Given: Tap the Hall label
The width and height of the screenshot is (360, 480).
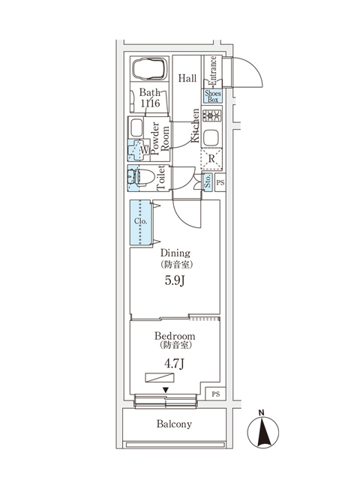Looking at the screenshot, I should coord(187,77).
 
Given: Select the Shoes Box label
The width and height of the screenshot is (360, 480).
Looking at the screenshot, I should coord(211,96).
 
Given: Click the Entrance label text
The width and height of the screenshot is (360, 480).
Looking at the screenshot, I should coord(213,70).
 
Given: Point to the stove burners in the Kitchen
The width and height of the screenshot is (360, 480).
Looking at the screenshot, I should coord(211,117).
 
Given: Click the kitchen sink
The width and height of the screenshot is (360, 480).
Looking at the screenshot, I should coord(211,138).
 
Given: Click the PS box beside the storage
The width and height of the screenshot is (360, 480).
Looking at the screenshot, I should coord(220,181).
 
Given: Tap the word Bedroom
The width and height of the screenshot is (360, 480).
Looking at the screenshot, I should coord(175,336).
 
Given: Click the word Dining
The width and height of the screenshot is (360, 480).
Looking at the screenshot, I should coord(175,253).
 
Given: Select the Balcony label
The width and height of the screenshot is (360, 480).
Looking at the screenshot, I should coord(175,424).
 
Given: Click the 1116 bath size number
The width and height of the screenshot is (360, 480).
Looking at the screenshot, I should coord(150,103).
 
